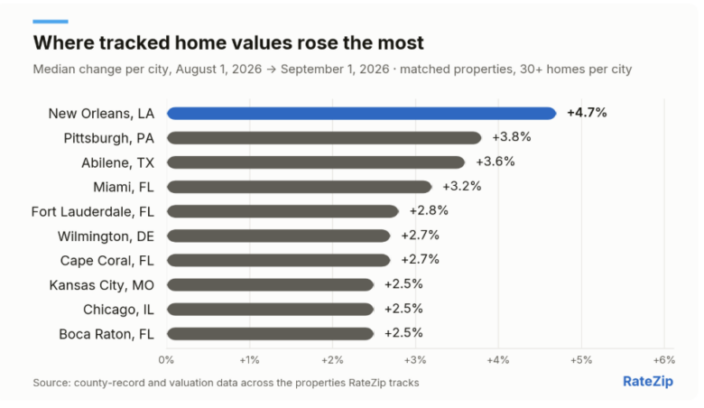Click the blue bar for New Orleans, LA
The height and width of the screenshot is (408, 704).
(361, 114)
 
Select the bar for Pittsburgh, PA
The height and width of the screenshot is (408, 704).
(324, 138)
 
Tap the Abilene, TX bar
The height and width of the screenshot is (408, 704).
(316, 162)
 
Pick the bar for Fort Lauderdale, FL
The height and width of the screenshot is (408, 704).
(283, 211)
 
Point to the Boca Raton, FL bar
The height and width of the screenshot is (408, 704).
(270, 334)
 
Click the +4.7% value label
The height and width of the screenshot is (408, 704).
(587, 113)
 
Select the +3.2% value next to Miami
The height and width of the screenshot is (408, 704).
(462, 186)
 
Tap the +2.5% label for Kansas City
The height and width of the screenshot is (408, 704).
(403, 284)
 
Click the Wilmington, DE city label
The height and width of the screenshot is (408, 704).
(106, 236)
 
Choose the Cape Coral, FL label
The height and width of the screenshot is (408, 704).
(107, 261)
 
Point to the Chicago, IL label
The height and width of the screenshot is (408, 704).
(118, 310)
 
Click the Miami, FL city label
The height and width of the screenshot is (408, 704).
(124, 187)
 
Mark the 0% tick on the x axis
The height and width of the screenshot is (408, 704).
(166, 360)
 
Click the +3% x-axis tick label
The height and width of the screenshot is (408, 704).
(415, 360)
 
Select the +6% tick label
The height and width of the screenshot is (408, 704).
(664, 360)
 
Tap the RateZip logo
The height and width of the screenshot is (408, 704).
(648, 382)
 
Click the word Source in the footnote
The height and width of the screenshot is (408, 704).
(51, 383)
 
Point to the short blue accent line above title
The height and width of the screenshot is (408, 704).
(51, 22)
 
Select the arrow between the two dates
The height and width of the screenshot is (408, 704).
(271, 70)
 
